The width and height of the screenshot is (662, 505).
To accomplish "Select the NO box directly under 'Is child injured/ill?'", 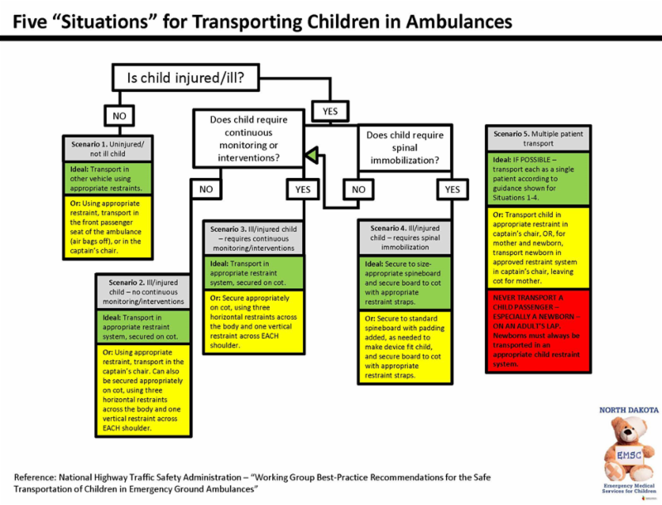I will tap(119, 115).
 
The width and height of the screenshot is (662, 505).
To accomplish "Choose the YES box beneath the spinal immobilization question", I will tap(452, 190).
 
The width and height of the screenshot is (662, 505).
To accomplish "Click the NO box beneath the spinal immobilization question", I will tap(358, 190).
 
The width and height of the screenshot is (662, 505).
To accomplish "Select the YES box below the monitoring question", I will tap(301, 190).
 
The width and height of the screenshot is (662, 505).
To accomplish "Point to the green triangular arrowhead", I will tap(309, 153).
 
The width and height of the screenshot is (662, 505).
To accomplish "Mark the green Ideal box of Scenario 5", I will tap(539, 177).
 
